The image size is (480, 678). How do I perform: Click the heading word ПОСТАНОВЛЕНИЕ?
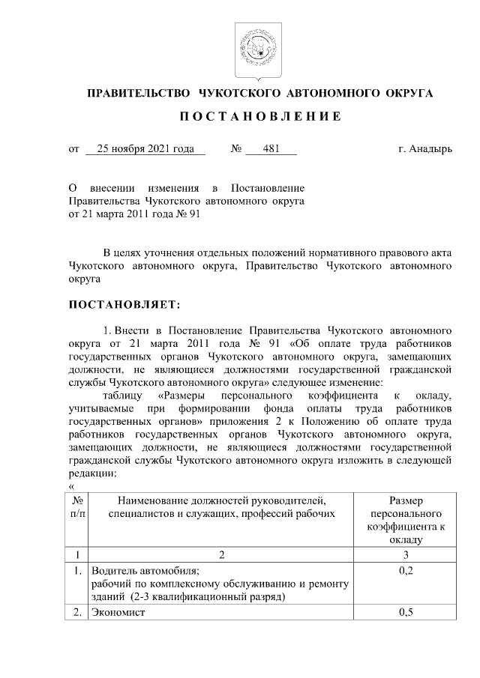click(260, 118)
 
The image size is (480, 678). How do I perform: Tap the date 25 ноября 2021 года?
click(145, 149)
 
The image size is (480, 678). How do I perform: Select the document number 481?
click(271, 149)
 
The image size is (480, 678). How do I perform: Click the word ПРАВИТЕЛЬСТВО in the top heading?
click(139, 94)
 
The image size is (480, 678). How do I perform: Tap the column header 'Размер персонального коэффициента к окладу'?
click(406, 519)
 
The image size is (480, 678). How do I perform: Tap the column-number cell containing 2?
click(221, 556)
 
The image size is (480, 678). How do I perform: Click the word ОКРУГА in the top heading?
click(408, 94)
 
